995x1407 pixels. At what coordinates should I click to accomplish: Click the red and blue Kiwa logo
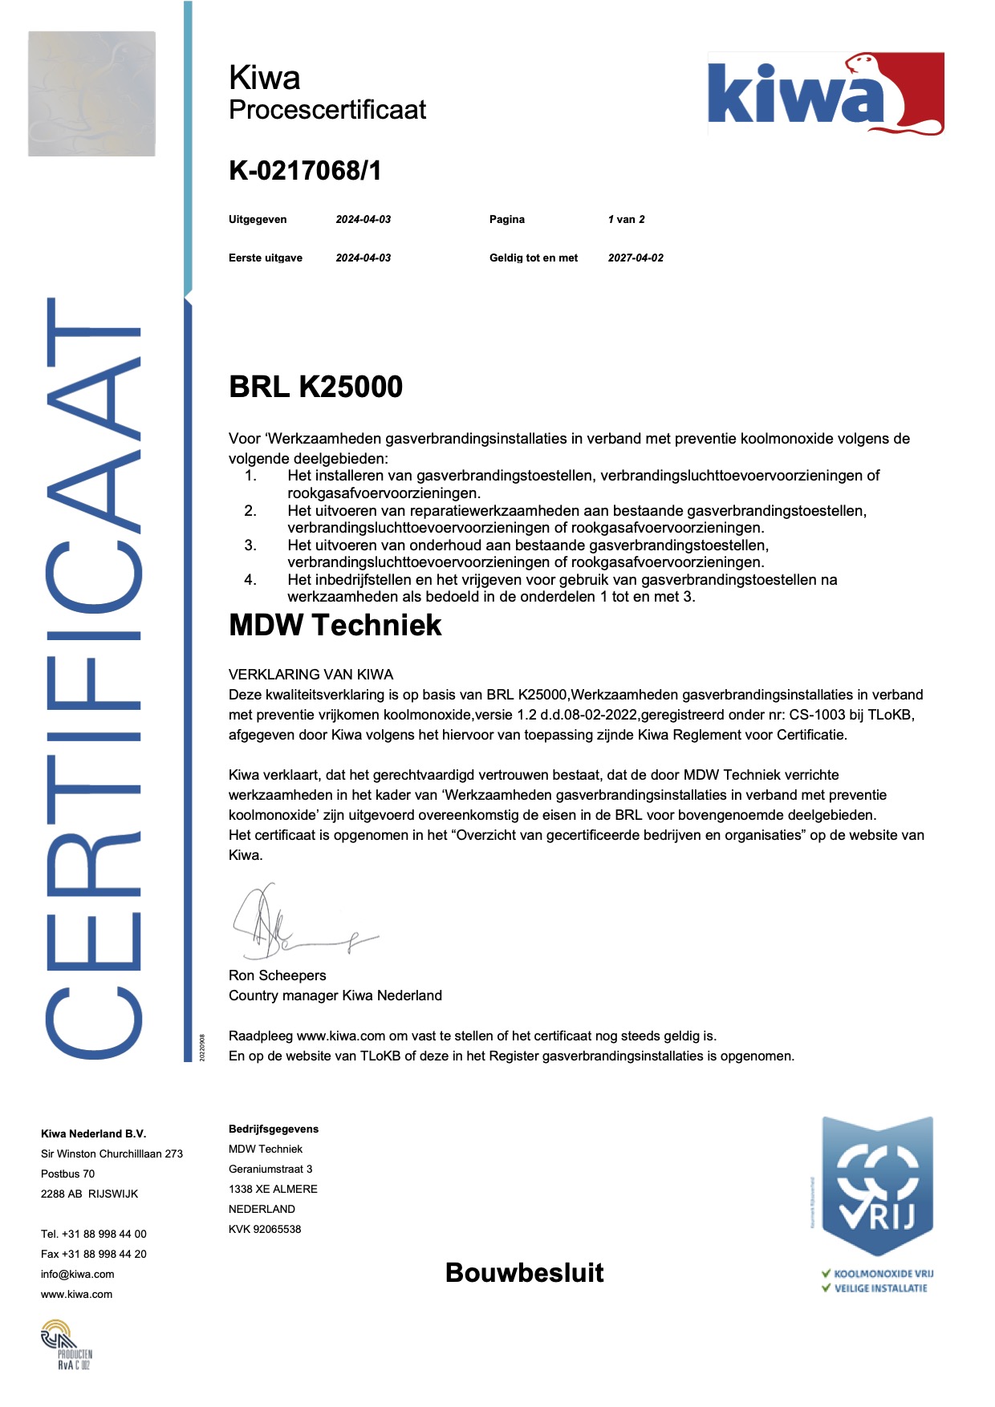coord(825,95)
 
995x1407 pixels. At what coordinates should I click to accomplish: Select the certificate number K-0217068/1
coord(305,170)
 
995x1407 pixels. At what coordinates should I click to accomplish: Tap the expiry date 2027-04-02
coord(636,257)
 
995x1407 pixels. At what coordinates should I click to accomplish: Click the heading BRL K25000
coord(315,387)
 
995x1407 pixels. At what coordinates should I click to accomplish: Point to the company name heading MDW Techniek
coord(335,625)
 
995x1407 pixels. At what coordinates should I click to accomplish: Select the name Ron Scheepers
coord(277,975)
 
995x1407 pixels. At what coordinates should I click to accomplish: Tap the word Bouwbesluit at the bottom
coord(524,1272)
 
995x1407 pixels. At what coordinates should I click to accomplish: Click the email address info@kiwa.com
coord(77,1274)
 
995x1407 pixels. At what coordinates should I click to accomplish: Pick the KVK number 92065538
coord(265,1229)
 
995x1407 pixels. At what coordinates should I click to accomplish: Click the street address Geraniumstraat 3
coord(270,1169)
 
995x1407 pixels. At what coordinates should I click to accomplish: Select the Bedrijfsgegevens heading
coord(274,1129)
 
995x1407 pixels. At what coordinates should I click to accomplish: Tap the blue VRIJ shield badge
coord(876,1187)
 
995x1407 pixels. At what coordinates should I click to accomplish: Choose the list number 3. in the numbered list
coord(250,545)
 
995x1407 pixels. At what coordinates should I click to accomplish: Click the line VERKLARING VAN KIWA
coord(311,675)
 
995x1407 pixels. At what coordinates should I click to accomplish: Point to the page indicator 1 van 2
coord(626,219)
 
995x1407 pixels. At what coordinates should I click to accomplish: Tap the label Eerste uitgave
coord(266,257)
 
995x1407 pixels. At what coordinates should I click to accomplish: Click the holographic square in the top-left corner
coord(91,93)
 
